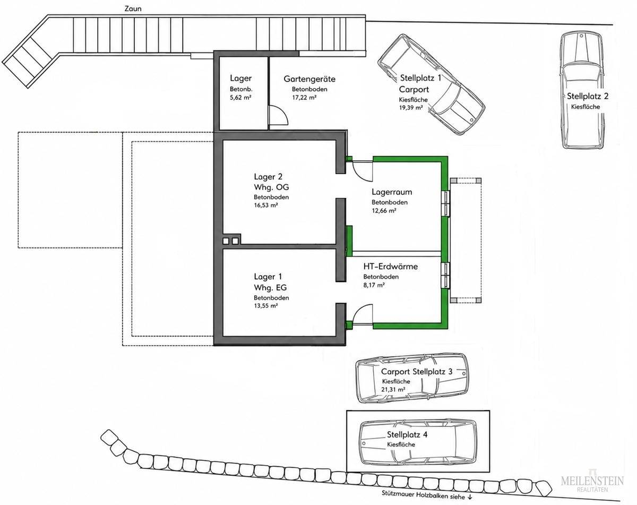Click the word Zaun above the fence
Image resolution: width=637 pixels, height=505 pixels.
click(x=133, y=8)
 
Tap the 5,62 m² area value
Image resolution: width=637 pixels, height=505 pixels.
click(x=240, y=97)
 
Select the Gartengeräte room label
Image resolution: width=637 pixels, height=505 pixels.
click(x=309, y=79)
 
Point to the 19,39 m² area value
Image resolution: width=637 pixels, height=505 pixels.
click(x=410, y=108)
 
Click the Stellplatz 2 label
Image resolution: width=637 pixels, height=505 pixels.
click(x=587, y=96)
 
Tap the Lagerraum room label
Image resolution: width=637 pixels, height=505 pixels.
click(x=392, y=192)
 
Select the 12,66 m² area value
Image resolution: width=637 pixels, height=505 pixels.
click(x=384, y=211)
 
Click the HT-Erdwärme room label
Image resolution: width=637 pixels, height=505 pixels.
click(x=391, y=266)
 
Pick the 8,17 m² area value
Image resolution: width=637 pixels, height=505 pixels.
click(x=374, y=285)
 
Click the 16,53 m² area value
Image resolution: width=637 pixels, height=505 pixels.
click(x=265, y=206)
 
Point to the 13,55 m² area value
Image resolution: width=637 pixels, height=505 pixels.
click(x=265, y=306)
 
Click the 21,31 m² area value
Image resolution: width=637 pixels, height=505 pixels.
click(x=393, y=389)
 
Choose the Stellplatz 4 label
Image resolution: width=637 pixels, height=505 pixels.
click(x=407, y=435)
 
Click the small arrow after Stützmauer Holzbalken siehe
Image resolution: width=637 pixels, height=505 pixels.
click(x=469, y=496)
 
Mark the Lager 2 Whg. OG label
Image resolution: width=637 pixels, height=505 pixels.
click(x=271, y=182)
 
